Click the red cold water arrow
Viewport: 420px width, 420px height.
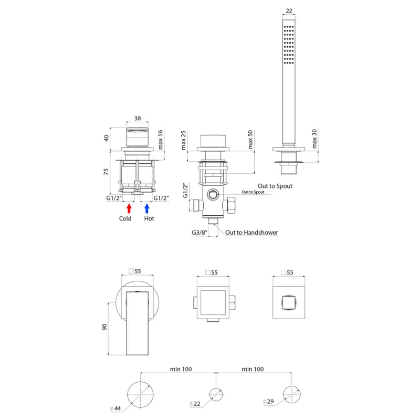pos(129,208)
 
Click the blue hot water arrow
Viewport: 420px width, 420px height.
pos(147,208)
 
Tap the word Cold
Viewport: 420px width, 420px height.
pos(125,218)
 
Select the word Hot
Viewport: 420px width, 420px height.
pos(149,218)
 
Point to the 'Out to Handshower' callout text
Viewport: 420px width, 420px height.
pos(251,233)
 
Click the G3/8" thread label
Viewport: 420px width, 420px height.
pos(199,233)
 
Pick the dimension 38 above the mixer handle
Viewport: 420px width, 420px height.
pos(138,119)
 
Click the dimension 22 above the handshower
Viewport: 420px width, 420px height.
pos(289,11)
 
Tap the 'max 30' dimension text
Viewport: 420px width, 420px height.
pos(314,139)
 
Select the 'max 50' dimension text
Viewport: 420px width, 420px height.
pos(250,140)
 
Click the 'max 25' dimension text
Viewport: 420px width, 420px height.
pos(183,140)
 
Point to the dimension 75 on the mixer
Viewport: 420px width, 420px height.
pos(106,172)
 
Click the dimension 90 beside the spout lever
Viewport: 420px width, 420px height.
pos(104,327)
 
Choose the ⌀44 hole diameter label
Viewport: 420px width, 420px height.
pos(115,408)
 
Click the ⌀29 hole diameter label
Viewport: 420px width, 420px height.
pos(268,401)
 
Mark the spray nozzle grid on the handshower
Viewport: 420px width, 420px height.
pos(289,45)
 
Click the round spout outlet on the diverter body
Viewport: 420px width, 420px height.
pos(213,194)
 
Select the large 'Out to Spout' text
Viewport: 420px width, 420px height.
pos(275,186)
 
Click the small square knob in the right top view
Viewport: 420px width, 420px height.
pos(288,303)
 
